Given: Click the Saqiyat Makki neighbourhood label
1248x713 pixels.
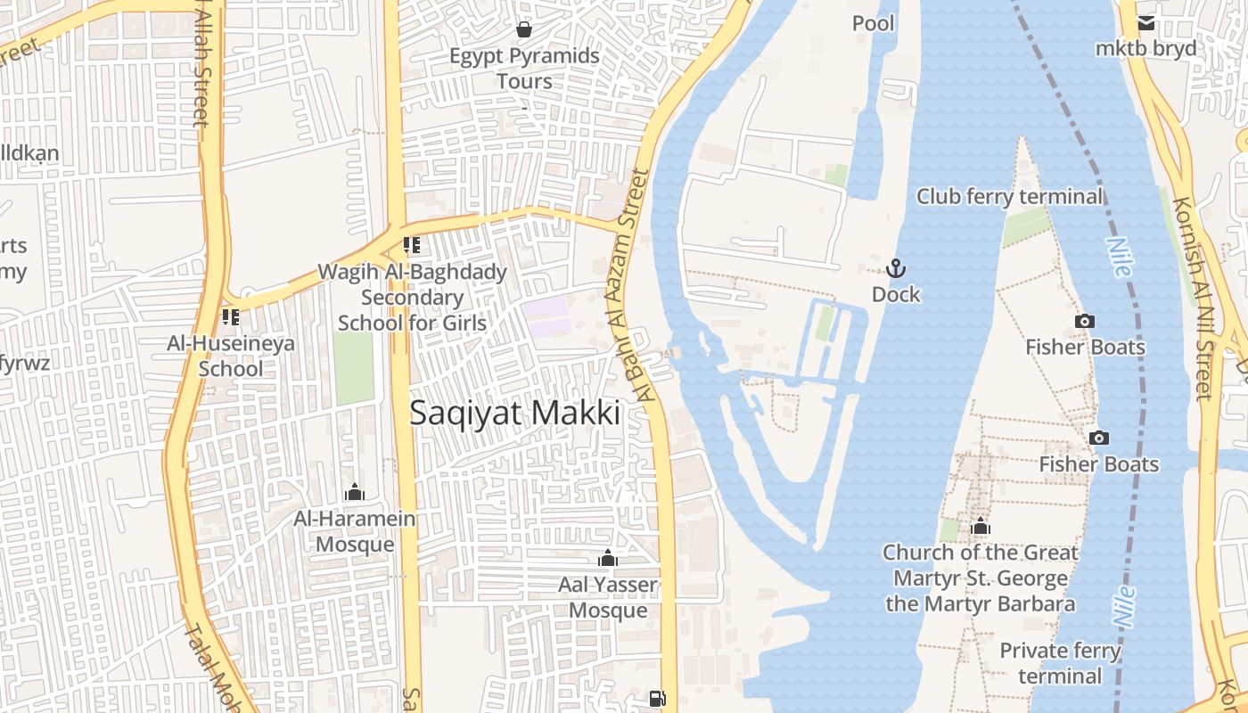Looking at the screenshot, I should click(514, 413).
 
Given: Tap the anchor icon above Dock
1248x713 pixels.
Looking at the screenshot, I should click(895, 268).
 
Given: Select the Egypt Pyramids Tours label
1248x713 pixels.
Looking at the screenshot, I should click(524, 69).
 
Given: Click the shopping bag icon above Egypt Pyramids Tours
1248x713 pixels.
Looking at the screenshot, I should click(524, 29).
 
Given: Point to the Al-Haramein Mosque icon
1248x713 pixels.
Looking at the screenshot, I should click(355, 492).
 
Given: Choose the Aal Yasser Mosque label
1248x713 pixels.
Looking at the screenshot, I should click(608, 597).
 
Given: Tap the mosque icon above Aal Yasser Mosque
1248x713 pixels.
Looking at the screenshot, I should click(608, 559).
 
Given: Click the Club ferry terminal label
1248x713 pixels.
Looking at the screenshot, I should click(1009, 196).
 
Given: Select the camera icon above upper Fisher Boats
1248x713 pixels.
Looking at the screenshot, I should click(1084, 321).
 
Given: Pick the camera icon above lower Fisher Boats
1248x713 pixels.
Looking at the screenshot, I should click(1098, 438).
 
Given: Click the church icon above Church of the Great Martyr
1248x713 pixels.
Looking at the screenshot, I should click(981, 526).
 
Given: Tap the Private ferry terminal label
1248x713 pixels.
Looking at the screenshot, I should click(1060, 663).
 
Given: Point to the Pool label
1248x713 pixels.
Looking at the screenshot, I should click(873, 23).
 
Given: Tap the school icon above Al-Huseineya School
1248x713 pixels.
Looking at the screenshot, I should click(231, 316).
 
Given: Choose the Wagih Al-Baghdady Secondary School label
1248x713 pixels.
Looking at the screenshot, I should click(412, 297).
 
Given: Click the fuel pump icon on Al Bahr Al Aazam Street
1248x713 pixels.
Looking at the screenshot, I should click(657, 698).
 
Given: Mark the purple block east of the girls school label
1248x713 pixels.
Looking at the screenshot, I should click(546, 316).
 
